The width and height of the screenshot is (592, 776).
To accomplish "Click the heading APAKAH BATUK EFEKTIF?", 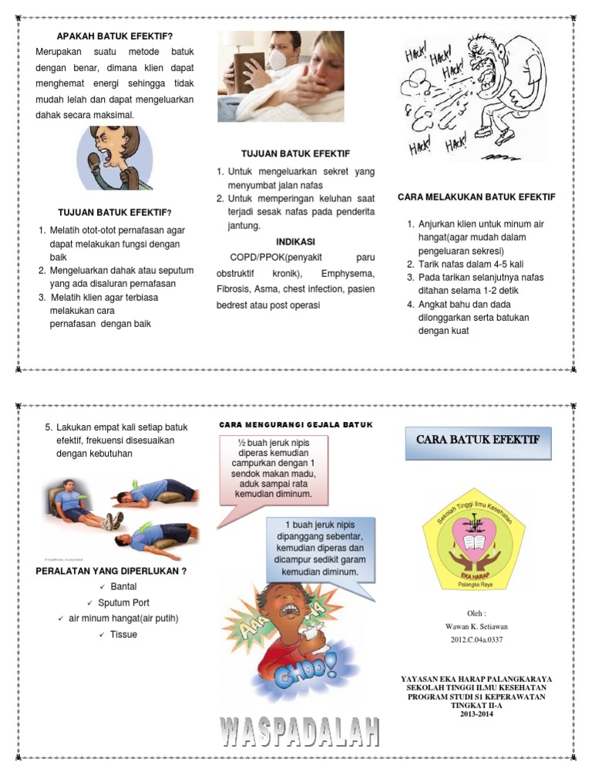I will [x=114, y=36].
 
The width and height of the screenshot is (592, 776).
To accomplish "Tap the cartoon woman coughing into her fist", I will [x=114, y=158].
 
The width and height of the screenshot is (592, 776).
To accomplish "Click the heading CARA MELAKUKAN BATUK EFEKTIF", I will [x=476, y=197].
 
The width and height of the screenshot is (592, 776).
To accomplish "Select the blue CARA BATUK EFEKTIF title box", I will [x=478, y=440].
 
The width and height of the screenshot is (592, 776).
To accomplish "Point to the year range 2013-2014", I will [x=477, y=714].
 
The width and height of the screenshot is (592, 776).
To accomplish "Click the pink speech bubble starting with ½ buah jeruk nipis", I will [x=273, y=467].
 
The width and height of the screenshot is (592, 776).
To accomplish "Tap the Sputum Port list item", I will [x=123, y=602].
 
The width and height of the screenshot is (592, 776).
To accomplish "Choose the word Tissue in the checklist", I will [x=123, y=634].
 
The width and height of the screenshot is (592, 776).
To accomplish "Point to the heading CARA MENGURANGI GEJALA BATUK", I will [x=296, y=424].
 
